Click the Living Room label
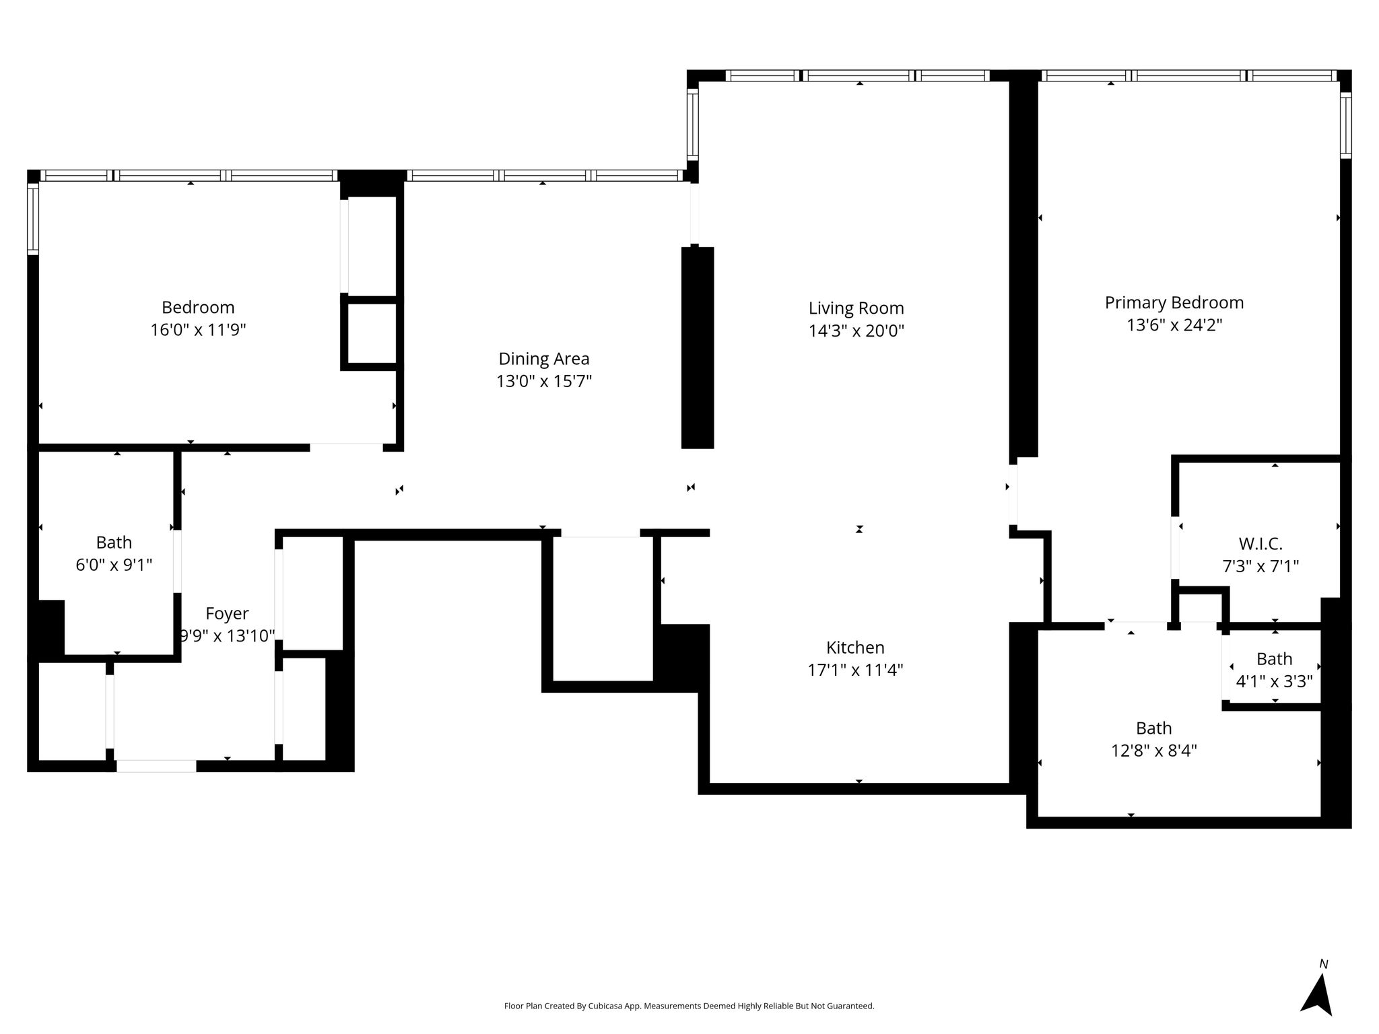coord(856,308)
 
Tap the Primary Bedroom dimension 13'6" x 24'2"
coord(1174,325)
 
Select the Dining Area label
coord(544,359)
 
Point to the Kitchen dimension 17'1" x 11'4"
coord(855,670)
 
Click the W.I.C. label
coord(1260,543)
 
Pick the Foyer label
coord(227,614)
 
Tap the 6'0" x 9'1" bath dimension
coord(114,565)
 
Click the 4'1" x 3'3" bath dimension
coord(1274,682)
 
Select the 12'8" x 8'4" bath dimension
coord(1154,751)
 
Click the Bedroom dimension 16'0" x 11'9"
coord(198,331)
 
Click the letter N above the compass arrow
coord(1324,964)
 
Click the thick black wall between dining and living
coord(698,347)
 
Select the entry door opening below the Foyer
coord(156,766)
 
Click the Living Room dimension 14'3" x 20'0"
coord(856,331)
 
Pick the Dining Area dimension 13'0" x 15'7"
coord(544,382)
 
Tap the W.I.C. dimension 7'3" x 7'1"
coord(1260,566)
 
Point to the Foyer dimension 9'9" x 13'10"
coord(227,636)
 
